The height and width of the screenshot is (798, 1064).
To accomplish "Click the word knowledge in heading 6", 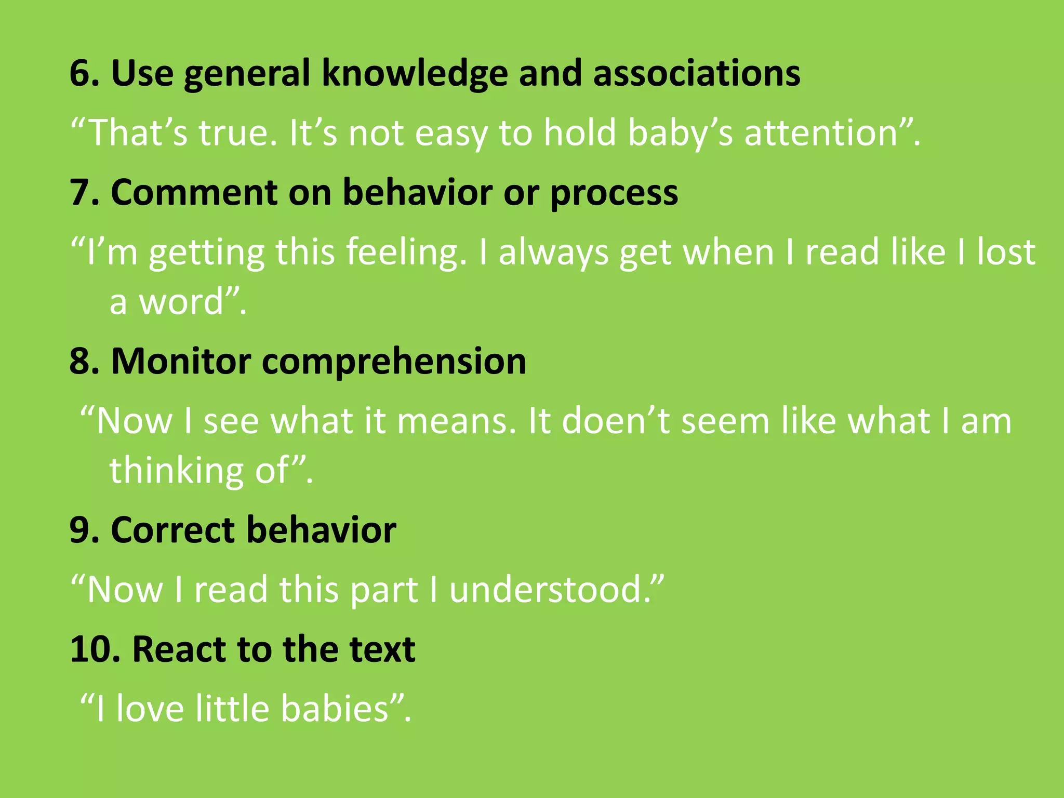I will (x=415, y=73).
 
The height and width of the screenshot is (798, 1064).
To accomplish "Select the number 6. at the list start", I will (x=85, y=73).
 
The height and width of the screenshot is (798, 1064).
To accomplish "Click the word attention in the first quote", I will (x=821, y=133).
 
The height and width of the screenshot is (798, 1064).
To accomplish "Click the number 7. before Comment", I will (x=85, y=193).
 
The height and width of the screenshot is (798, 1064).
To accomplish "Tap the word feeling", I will (x=406, y=252).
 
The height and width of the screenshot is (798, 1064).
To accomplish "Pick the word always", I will (x=553, y=252).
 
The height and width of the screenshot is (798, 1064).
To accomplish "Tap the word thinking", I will (x=176, y=471).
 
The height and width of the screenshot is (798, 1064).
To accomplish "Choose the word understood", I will (x=550, y=590).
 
